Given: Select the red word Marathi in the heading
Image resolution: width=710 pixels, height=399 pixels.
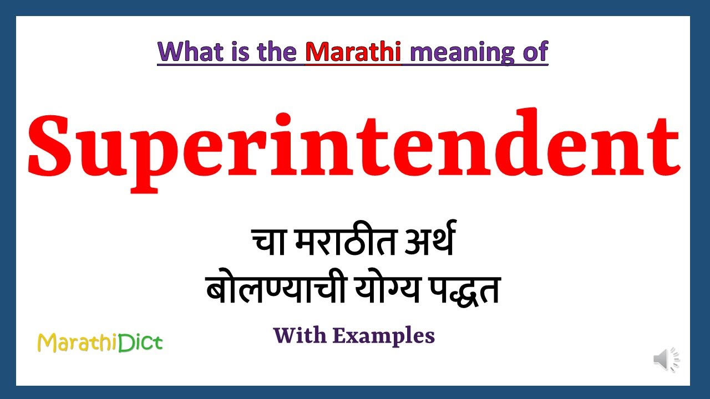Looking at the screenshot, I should pyautogui.click(x=353, y=52).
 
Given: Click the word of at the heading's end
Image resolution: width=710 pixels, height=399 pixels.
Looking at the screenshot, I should pyautogui.click(x=534, y=52).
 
